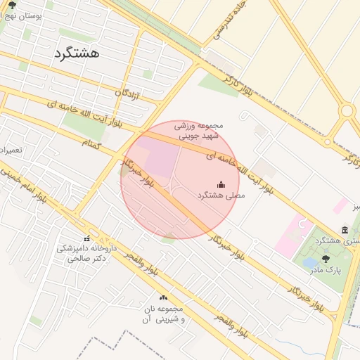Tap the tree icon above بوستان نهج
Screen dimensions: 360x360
click(x=12, y=4)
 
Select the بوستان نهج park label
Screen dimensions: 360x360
click(x=22, y=15)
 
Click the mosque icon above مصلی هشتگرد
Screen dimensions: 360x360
click(x=221, y=184)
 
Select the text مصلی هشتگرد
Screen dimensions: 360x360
click(x=221, y=195)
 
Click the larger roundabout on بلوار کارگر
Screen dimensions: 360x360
click(x=346, y=110)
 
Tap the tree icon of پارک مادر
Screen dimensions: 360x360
click(x=325, y=259)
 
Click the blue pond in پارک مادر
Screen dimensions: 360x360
click(x=309, y=264)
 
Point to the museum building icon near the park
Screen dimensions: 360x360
click(x=345, y=230)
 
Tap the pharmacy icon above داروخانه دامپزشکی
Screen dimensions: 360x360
click(x=86, y=238)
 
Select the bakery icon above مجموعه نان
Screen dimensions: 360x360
click(x=164, y=298)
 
